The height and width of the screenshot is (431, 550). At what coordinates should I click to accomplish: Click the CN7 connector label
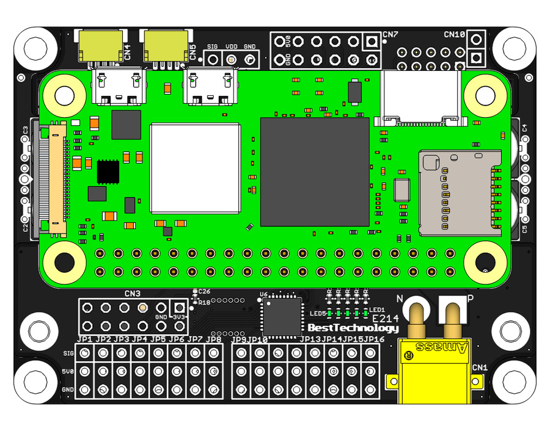pos(391,34)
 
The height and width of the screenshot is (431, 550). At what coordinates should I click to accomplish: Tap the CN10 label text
pos(455,34)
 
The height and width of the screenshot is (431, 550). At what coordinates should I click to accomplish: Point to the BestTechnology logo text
pos(353,328)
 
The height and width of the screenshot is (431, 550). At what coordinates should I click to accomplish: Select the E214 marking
pos(385,319)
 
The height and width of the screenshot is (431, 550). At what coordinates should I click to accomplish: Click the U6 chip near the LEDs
pos(282,316)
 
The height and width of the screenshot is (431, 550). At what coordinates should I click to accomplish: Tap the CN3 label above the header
pos(133,294)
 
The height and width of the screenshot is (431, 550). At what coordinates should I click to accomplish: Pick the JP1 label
pos(84,339)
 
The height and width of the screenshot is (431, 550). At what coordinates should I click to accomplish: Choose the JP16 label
pos(374,339)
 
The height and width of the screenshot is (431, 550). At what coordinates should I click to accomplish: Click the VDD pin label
pos(232,46)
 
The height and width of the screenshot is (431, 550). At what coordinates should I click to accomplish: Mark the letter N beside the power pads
pos(401,299)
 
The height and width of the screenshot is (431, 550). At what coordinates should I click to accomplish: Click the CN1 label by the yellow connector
pos(480,368)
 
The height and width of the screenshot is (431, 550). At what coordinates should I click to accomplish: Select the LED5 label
pos(318,314)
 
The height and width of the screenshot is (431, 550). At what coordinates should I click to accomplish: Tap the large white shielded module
pos(195,168)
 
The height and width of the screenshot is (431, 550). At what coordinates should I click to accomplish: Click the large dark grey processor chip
pos(315,172)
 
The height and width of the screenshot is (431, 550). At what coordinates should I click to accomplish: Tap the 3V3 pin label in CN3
pos(178,317)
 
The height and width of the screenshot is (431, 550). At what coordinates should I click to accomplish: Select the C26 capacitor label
pos(204,292)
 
